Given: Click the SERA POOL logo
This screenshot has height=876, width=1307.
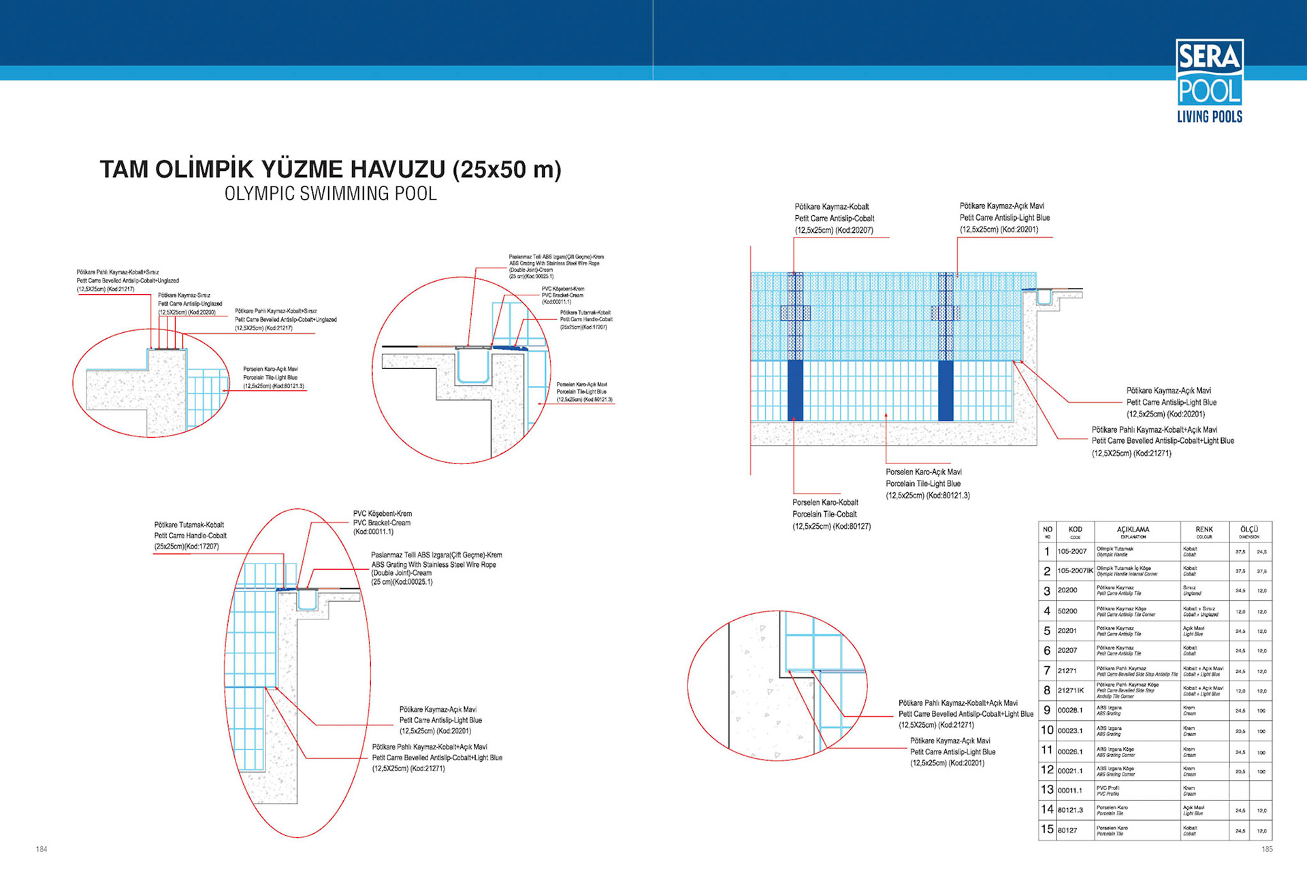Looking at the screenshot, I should [x=1209, y=81].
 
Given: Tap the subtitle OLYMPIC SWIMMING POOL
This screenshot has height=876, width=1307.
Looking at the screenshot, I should [x=330, y=194].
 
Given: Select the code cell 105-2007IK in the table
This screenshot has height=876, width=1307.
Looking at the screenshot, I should [x=1075, y=571].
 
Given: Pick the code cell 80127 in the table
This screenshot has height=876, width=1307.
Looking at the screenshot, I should [x=1067, y=830].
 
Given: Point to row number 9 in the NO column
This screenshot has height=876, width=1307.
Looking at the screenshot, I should [x=1047, y=711].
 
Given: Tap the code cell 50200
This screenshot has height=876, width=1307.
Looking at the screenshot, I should [x=1067, y=611].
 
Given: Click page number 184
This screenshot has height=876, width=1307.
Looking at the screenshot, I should [x=42, y=849].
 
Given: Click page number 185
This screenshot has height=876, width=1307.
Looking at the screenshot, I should [x=1267, y=849].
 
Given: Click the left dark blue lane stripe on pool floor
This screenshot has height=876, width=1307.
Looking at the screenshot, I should [x=794, y=391].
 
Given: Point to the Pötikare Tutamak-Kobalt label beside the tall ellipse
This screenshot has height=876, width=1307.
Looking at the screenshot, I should [x=190, y=536].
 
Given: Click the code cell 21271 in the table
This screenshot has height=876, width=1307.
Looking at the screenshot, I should [x=1067, y=671].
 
